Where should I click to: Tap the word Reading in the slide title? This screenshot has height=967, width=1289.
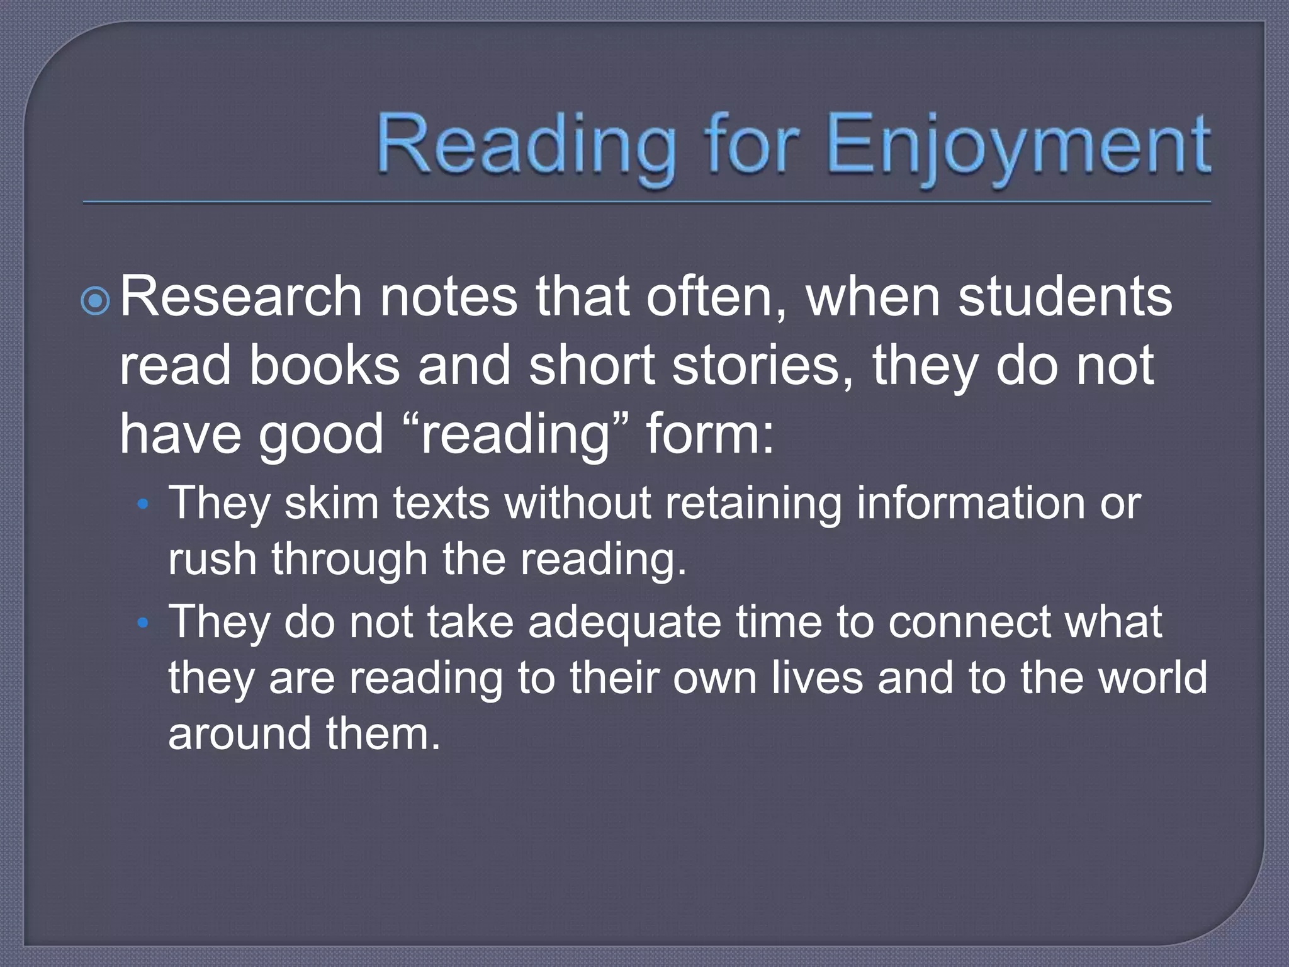525,146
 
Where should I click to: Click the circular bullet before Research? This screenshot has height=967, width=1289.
96,302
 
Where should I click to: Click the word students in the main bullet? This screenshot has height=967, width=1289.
1065,297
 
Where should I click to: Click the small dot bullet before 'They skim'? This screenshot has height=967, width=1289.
143,504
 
